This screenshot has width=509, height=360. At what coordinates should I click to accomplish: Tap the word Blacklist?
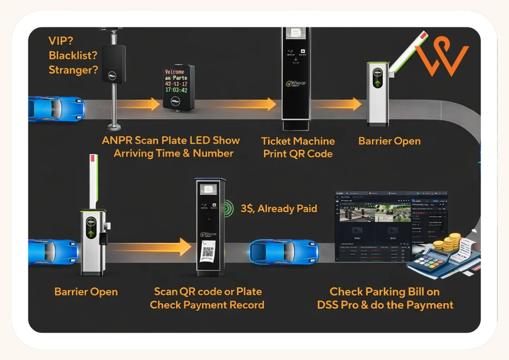tap(73, 55)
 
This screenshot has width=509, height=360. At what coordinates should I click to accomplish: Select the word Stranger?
tap(73, 70)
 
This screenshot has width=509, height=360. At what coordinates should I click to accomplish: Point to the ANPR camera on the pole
tap(114, 64)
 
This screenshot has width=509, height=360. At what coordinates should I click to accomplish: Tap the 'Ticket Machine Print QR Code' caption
tap(298, 147)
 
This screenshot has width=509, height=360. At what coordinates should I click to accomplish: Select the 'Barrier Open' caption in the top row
tap(389, 141)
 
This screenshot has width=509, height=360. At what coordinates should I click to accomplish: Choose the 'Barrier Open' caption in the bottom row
tap(86, 291)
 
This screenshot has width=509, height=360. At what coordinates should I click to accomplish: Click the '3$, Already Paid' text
tap(279, 209)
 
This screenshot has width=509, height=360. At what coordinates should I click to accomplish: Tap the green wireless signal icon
tap(229, 207)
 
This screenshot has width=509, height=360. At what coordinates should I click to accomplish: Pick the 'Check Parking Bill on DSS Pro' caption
tap(385, 298)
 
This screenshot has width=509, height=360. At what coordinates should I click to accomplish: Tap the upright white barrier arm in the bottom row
tap(92, 181)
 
